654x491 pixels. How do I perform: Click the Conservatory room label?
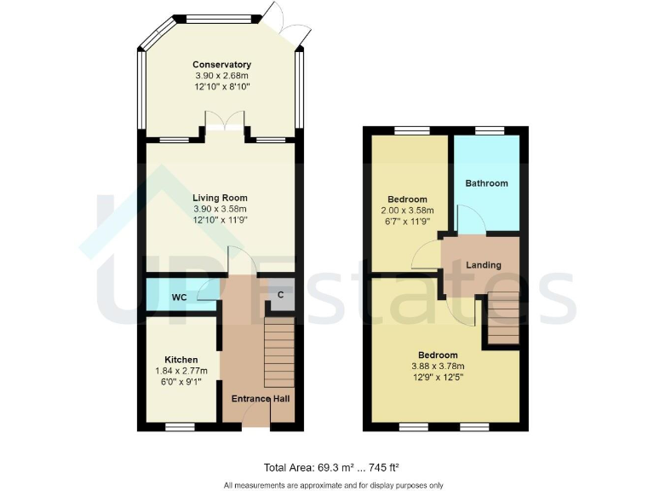[x=221, y=65]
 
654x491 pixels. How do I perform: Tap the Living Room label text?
[x=221, y=196]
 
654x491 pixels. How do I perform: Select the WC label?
[x=180, y=297]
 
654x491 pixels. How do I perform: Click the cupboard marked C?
[x=280, y=295]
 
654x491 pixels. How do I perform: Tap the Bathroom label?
[x=486, y=183]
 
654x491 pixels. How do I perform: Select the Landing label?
[x=483, y=265]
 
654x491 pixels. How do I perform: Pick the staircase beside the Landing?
[x=503, y=318]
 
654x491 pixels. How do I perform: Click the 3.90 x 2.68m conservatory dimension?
[x=221, y=76]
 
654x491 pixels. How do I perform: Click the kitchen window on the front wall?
[x=179, y=425]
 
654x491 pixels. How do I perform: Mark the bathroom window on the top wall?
[x=489, y=130]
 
